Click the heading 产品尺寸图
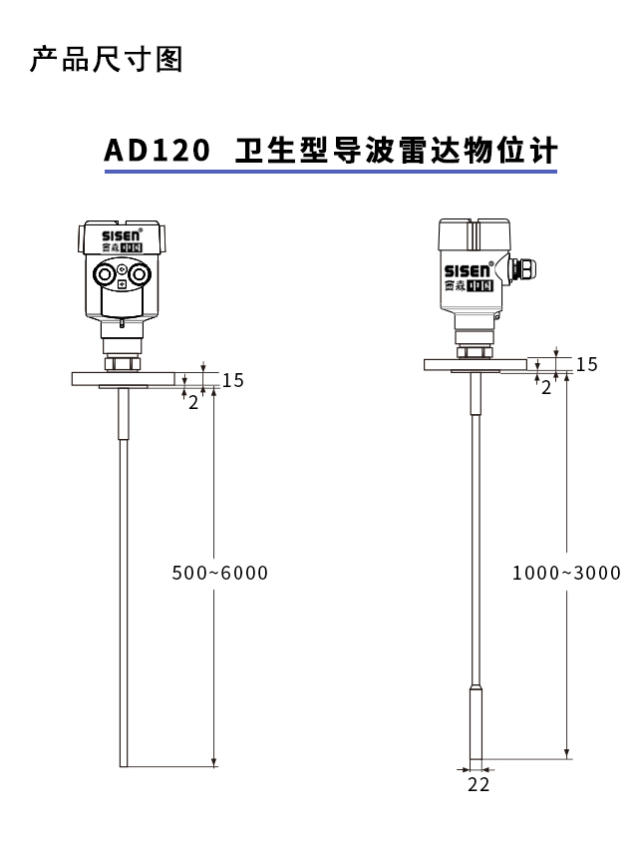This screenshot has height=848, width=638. (x=107, y=60)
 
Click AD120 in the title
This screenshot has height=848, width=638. (x=157, y=152)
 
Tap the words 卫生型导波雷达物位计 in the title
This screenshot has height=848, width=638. (x=396, y=152)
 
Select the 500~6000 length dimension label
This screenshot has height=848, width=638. (x=220, y=573)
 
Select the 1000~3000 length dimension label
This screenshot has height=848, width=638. (x=566, y=573)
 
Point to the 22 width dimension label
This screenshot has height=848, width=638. (x=479, y=785)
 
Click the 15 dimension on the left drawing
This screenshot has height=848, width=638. (x=232, y=380)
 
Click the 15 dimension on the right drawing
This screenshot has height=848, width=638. (x=587, y=364)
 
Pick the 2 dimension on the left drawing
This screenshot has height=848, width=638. (x=193, y=403)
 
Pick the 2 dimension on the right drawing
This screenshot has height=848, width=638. (x=545, y=388)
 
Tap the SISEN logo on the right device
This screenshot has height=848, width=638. (x=467, y=270)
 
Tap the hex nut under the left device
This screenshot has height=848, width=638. (x=122, y=355)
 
